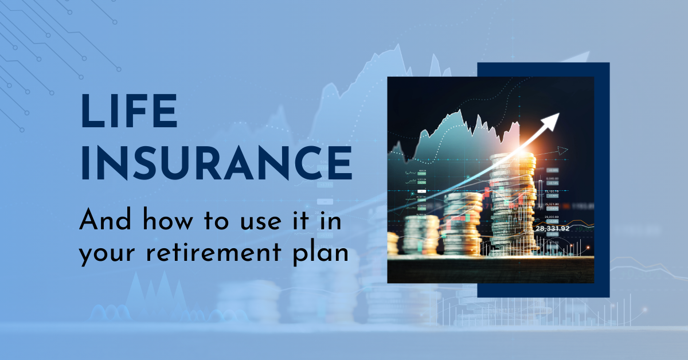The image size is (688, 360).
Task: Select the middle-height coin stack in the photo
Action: pyautogui.click(x=463, y=224)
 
